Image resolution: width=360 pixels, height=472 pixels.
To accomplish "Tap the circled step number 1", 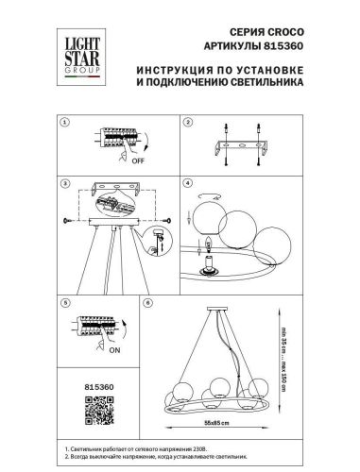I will [x=65, y=124].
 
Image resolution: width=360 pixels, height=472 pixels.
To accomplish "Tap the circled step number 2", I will [x=187, y=124].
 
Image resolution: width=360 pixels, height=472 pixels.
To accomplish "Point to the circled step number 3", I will [x=65, y=181].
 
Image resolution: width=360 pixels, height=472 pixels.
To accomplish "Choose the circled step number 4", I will [x=187, y=181].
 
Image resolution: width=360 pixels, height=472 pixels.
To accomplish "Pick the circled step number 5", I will [x=65, y=305].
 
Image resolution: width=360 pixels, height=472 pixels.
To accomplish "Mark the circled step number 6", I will [x=146, y=305].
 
